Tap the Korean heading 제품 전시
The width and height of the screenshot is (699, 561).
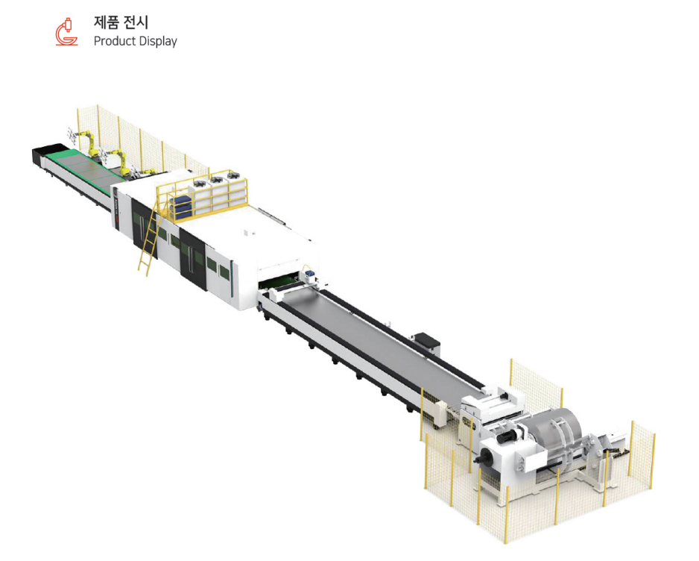(121, 22)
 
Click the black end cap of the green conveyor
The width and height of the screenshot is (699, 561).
(39, 155)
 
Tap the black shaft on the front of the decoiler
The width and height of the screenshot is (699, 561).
(487, 457)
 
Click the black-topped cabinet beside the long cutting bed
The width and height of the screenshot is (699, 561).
(429, 343)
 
